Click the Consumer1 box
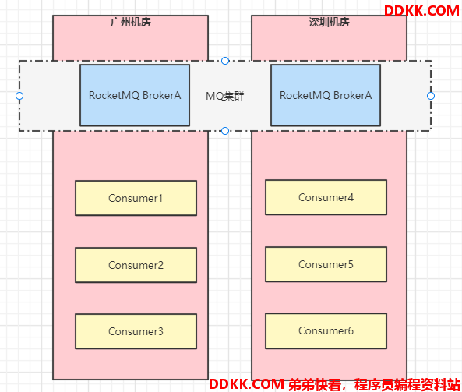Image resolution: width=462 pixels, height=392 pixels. coord(136,198)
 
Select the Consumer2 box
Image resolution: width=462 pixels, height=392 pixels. coord(136,265)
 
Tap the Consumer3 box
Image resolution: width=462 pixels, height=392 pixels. coord(136,331)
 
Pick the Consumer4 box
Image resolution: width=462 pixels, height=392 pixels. coord(326,197)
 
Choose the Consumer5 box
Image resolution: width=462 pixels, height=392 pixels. coord(326,264)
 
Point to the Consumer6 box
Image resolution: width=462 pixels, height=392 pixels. coord(326,330)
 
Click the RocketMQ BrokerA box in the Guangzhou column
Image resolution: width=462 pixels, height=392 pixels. coord(135,95)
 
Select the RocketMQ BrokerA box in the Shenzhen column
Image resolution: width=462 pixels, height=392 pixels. coord(326,95)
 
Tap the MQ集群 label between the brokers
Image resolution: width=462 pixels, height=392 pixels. coord(225,96)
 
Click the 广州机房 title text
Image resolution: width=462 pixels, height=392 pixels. coord(131,22)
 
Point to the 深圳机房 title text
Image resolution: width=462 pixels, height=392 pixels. coord(329,22)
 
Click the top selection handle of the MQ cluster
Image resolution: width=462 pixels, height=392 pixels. coord(225,61)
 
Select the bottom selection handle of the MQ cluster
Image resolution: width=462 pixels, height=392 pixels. coord(225,131)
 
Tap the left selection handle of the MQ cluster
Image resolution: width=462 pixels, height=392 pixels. coord(19,96)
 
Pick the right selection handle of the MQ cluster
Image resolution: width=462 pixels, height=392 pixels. coord(431,96)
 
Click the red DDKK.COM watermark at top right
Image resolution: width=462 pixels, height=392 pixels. coord(421,11)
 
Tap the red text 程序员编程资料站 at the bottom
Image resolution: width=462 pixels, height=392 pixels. coord(407,384)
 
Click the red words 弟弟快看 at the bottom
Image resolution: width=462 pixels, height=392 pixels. coord(315,384)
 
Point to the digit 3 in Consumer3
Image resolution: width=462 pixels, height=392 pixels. coord(160,331)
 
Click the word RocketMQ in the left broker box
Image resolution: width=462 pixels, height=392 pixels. coord(114,95)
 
